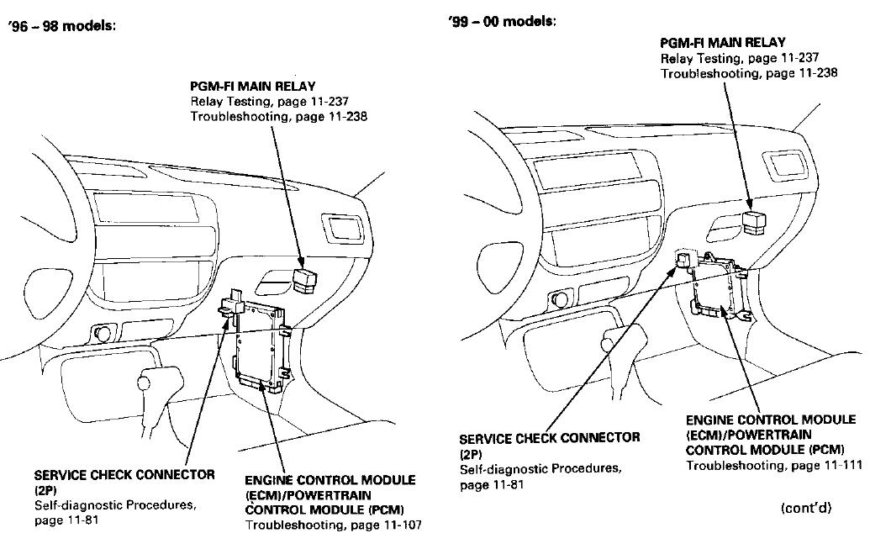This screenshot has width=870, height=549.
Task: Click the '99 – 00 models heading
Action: (x=502, y=21)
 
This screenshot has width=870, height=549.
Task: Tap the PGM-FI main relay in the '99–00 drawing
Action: (x=754, y=220)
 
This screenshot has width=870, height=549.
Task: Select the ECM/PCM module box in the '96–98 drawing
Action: (x=263, y=346)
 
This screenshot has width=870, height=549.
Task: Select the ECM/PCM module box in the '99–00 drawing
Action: (x=719, y=287)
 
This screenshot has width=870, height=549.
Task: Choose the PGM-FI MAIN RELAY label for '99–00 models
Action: (x=722, y=42)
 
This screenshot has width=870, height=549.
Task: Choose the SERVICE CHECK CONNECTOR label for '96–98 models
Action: (x=124, y=475)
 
